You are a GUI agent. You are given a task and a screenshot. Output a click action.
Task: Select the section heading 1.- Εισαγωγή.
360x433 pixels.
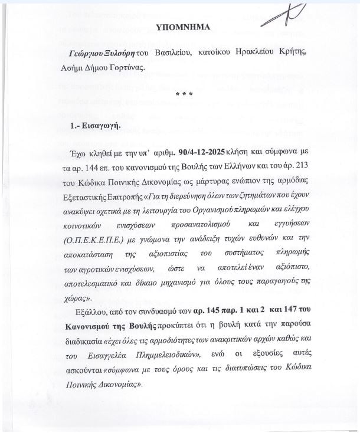95,126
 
